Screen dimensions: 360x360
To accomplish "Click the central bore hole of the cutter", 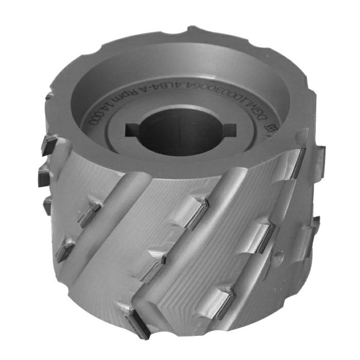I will pos(179,132).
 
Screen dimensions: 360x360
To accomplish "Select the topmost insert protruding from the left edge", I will pos(49,143).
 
